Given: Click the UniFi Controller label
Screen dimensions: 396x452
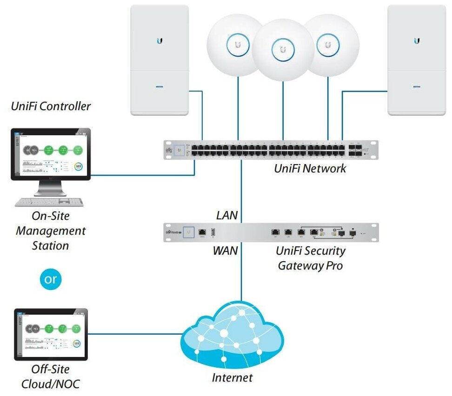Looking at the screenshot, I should [x=51, y=106].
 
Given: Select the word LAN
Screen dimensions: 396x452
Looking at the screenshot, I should [x=227, y=215].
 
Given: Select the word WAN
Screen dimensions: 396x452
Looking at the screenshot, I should [x=226, y=251].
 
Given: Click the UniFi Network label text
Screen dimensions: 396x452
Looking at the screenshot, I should [x=310, y=168].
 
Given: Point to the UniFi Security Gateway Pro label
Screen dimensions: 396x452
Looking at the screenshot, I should [x=310, y=258].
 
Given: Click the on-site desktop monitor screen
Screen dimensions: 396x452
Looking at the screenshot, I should [x=51, y=153].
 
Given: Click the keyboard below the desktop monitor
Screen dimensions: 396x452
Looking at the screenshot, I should [x=49, y=202].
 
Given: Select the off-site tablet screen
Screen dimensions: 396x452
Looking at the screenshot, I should [x=51, y=334].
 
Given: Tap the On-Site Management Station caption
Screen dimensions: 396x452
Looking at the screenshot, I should [x=51, y=231].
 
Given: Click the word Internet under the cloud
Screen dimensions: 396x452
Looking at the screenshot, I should [x=232, y=377].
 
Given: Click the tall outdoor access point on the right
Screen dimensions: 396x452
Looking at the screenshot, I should [x=417, y=60].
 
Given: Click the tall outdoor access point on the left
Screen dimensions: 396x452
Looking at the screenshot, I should [x=160, y=60].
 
